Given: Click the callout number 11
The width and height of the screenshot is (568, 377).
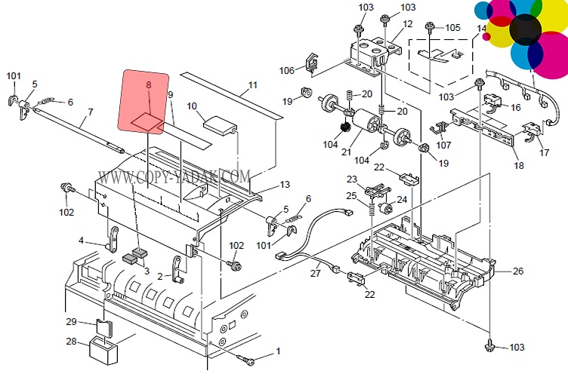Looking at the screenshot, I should point(252,84).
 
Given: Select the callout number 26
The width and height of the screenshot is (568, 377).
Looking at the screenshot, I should point(517,271).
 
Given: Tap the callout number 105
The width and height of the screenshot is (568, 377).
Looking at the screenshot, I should point(452,28).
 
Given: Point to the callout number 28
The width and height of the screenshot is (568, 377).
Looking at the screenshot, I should point(71,342).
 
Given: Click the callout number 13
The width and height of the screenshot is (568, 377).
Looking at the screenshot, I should point(284,185).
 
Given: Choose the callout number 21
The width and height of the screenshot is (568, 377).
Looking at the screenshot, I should point(347,152).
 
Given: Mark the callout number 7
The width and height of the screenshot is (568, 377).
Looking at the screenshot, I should point(90,112).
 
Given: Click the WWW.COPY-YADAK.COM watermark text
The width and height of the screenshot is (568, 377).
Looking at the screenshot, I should point(174,177).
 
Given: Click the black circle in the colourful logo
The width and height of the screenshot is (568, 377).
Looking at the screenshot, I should point(526,29).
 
